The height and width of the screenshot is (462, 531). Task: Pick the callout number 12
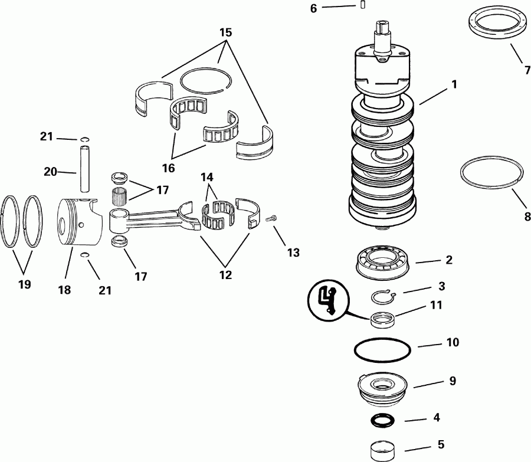click(x=225, y=274)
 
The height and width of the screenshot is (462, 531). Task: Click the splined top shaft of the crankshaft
click(x=382, y=31)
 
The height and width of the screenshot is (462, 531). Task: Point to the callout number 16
click(x=168, y=168)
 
